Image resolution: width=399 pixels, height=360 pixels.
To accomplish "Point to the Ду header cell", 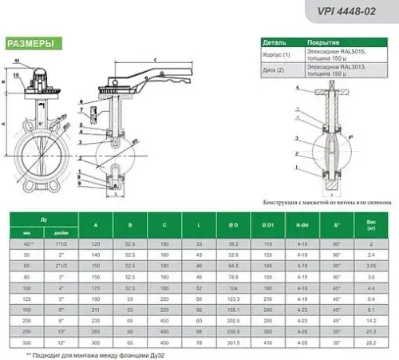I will [44, 218].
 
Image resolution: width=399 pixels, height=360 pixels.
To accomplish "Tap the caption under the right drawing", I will [318, 202].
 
